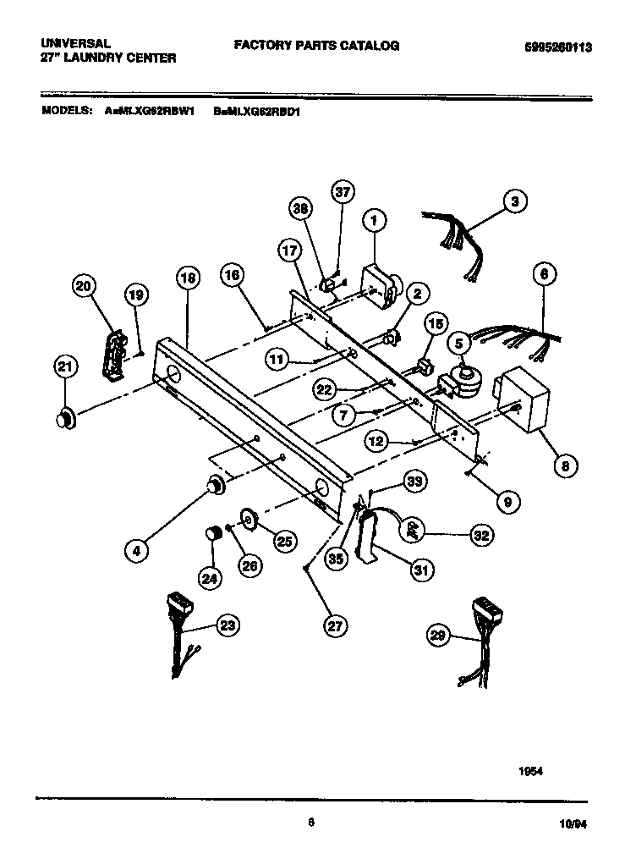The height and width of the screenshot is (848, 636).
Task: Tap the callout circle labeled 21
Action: click(65, 366)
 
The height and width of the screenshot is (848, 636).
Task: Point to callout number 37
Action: click(342, 192)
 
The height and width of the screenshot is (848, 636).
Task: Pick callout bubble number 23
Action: click(226, 625)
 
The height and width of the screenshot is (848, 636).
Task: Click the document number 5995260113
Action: click(552, 48)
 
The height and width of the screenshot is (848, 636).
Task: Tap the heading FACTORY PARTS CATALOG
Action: click(316, 46)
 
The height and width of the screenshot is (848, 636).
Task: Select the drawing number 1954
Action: click(530, 771)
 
